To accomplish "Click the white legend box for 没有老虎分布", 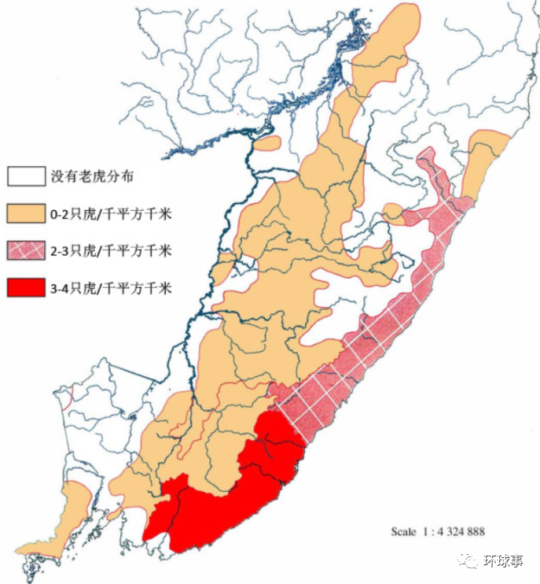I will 25,176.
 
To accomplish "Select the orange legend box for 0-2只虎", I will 25,213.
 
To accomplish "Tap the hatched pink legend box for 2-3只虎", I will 25,250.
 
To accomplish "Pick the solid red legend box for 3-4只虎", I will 25,287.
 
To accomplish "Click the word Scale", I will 404,532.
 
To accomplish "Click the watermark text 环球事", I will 504,561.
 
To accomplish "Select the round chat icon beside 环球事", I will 471,561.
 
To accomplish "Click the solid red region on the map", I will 228,504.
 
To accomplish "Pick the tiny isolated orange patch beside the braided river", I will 268,143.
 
